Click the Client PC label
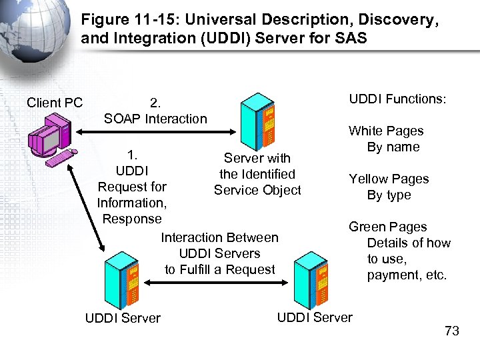pos(55,103)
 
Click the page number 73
pos(451,331)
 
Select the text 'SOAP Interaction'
pos(155,119)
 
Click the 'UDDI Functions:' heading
pos(398,99)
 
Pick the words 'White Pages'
pos(386,131)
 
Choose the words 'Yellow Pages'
pos(389,179)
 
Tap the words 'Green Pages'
pos(387,227)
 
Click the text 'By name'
pos(393,147)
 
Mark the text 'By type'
pos(389,195)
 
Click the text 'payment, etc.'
pos(407,275)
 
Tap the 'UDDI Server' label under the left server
pos(123,318)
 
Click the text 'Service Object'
pos(257,190)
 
